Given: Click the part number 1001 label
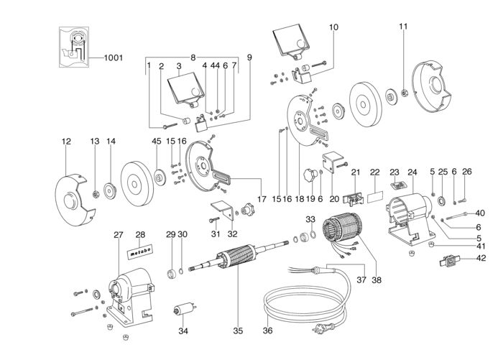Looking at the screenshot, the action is (114, 57).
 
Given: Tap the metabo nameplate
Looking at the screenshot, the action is (140, 251).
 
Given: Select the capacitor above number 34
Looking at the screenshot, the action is (184, 309).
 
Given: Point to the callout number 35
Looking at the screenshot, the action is (238, 331).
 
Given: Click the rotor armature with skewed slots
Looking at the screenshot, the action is (236, 258).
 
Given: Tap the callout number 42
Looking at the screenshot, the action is (481, 258).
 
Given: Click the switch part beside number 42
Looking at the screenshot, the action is (450, 262).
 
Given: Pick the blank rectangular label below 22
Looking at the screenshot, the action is (374, 196).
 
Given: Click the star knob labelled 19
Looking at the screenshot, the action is (310, 175).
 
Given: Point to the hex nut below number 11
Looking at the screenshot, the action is (405, 93).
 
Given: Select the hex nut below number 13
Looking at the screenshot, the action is (96, 194).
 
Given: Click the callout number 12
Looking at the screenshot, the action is (66, 141).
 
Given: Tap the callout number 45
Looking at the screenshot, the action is (157, 141).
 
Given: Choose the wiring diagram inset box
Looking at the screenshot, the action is (74, 47).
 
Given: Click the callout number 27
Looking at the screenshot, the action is (119, 235).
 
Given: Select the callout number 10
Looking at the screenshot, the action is (333, 27).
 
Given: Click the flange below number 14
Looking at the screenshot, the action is (111, 192).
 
